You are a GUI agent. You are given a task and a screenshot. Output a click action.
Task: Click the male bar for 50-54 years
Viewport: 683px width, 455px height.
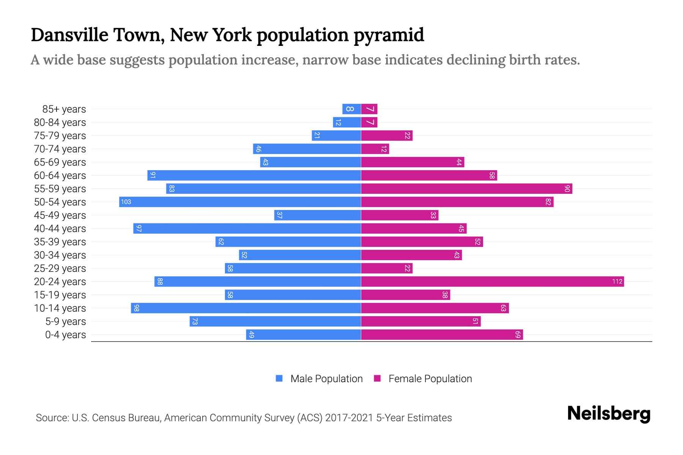click(x=240, y=202)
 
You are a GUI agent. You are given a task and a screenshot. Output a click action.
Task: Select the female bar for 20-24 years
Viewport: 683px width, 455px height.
click(x=492, y=281)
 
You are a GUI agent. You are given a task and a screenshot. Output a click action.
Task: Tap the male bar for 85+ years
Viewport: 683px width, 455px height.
click(x=351, y=109)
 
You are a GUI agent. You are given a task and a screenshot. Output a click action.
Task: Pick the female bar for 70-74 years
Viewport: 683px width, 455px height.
click(x=375, y=149)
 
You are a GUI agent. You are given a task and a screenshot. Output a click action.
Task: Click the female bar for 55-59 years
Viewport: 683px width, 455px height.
click(x=466, y=188)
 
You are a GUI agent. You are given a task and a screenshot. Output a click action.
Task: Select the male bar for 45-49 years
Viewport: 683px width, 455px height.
click(x=317, y=215)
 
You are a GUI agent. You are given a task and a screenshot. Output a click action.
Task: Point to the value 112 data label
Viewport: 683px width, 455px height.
click(x=617, y=281)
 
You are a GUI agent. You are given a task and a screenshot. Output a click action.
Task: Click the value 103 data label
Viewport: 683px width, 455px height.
click(x=126, y=202)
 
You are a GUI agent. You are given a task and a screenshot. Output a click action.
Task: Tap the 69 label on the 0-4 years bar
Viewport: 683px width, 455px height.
click(x=518, y=335)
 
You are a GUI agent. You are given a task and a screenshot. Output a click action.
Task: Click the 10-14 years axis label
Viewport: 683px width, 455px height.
click(x=60, y=308)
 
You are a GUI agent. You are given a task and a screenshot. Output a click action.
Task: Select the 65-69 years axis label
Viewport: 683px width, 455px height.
click(x=60, y=162)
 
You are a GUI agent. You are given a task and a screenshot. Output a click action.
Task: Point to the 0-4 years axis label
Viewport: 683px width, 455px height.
click(x=65, y=335)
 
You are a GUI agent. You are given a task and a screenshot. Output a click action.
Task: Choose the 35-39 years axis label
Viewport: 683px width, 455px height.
click(x=60, y=242)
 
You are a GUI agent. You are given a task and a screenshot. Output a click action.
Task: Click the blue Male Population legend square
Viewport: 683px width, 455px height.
click(x=279, y=378)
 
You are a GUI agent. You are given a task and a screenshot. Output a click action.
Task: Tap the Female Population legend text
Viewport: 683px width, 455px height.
click(x=430, y=379)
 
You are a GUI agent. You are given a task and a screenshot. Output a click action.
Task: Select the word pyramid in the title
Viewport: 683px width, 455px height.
click(x=389, y=35)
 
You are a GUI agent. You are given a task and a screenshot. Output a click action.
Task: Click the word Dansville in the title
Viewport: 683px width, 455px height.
click(x=69, y=35)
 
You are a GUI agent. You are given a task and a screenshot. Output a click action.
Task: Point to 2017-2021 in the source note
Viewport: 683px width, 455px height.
click(x=349, y=418)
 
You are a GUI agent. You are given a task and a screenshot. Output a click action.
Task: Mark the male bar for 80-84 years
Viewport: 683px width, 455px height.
click(x=347, y=122)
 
